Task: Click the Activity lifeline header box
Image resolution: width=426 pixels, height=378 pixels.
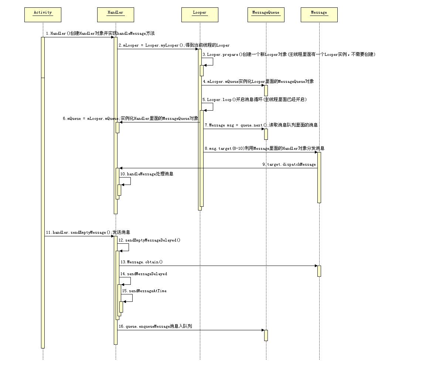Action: [43, 15]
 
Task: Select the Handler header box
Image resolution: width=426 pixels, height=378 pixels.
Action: [115, 15]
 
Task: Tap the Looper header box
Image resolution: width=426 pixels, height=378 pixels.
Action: [200, 15]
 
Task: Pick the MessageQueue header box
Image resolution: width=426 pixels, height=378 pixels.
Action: [266, 15]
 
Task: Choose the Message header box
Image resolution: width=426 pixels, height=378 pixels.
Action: [319, 15]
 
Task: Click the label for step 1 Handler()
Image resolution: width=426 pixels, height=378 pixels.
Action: [100, 33]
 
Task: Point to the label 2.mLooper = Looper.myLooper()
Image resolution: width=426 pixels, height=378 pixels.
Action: [174, 45]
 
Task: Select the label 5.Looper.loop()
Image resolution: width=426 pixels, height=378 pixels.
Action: [254, 99]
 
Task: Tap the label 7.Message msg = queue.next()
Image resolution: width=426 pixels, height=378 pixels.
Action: [261, 125]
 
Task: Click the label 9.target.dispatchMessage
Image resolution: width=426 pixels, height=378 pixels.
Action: [289, 164]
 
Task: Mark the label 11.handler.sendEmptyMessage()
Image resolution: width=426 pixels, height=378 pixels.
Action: [88, 232]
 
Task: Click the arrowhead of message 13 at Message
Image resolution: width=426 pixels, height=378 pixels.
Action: [316, 266]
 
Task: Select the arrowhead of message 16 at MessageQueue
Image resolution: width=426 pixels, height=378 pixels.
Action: [263, 330]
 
